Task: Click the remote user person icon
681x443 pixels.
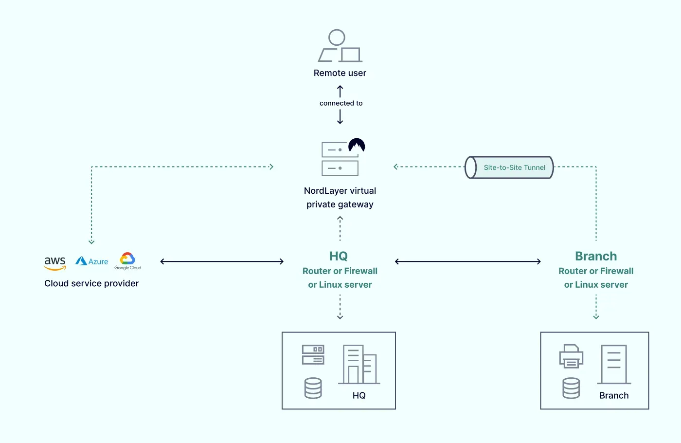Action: point(340,46)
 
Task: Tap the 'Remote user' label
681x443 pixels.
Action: point(340,73)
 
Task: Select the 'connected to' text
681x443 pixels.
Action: point(341,103)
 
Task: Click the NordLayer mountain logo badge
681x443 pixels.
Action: point(357,146)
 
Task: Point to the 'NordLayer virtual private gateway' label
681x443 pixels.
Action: point(340,198)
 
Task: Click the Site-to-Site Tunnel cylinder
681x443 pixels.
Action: point(509,167)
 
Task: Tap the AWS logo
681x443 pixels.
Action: point(55,263)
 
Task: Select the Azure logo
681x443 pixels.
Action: point(92,261)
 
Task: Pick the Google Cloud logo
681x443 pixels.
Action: point(127,261)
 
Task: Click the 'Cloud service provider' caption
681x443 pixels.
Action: point(91,283)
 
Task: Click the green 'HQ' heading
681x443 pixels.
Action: point(339,256)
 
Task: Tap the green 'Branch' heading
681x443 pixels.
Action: point(596,256)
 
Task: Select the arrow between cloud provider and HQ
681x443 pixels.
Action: point(222,261)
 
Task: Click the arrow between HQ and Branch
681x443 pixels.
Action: point(468,261)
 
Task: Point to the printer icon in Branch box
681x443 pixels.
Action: point(571,356)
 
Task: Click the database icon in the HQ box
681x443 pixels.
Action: point(313,388)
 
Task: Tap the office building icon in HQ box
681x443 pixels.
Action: point(360,365)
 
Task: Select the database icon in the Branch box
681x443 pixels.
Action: point(571,388)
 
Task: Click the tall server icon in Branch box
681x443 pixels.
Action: point(614,365)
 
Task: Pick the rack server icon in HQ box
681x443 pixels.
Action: point(313,355)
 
